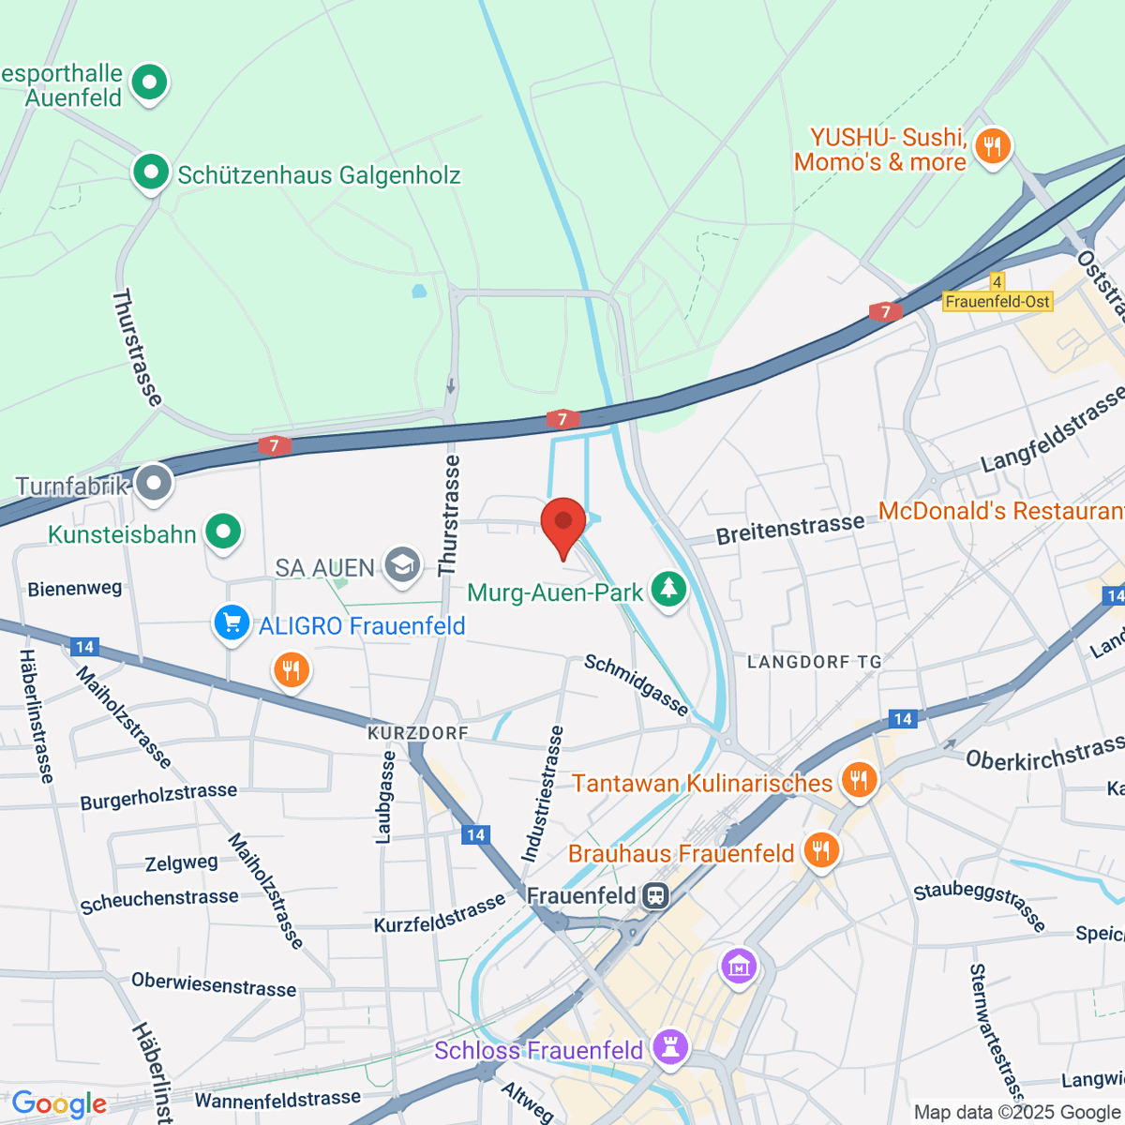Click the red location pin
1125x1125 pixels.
tap(563, 523)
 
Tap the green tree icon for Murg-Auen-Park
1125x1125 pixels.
tap(668, 590)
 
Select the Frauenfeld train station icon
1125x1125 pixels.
tap(656, 895)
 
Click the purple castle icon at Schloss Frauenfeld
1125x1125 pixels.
tap(670, 1047)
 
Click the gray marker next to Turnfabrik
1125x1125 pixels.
tap(153, 483)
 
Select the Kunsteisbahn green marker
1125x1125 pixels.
tap(223, 532)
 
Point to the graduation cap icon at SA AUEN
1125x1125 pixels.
tap(402, 565)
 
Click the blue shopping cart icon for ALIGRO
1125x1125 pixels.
tap(232, 623)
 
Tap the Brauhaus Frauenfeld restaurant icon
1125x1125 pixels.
tap(820, 850)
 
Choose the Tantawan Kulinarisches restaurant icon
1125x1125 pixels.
tap(858, 780)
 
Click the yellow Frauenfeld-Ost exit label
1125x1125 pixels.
tap(997, 302)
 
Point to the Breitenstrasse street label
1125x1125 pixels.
tap(789, 530)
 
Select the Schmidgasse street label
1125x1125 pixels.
tap(637, 685)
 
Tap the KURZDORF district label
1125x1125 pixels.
tap(417, 733)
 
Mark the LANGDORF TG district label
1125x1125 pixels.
tap(814, 662)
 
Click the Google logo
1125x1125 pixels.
tap(59, 1104)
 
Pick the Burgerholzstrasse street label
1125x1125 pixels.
tap(158, 797)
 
